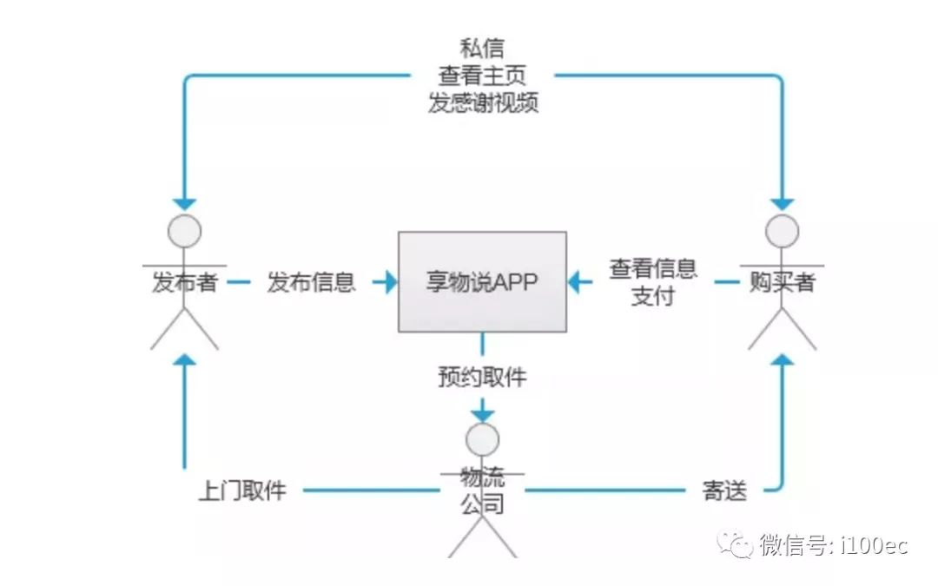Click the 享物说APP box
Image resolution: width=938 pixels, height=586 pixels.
482,281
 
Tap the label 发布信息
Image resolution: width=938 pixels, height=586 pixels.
311,282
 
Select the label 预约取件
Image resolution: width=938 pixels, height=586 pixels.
482,378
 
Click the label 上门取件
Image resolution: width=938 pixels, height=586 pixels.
242,491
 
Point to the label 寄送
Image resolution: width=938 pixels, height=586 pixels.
724,491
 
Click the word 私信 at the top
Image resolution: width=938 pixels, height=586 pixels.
482,47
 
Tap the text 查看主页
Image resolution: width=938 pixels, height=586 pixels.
482,75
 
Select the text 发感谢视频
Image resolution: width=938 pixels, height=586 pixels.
482,102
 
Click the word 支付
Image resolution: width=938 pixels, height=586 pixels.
652,295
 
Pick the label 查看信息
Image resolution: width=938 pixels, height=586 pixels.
653,268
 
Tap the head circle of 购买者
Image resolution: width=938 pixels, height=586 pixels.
782,231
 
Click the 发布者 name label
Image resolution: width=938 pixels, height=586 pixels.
184,282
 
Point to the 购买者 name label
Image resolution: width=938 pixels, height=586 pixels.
782,282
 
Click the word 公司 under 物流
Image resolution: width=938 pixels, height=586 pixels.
482,504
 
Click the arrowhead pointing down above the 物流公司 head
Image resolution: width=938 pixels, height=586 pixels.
482,412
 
